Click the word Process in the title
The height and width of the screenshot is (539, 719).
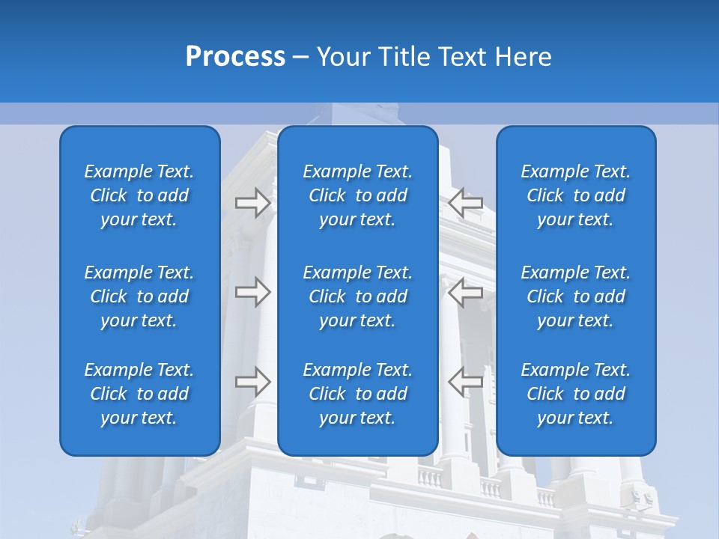[x=235, y=57]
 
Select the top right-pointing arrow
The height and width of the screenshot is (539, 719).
[x=253, y=203]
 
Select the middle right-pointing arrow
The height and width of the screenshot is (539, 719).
[x=253, y=292]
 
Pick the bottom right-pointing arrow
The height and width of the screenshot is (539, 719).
[x=253, y=382]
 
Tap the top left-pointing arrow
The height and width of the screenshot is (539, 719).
[x=465, y=203]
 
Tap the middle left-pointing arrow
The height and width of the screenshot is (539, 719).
[x=465, y=292]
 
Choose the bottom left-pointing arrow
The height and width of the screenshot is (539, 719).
[x=465, y=382]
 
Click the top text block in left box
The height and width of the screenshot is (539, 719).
[x=139, y=195]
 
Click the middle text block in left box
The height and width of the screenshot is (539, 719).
[x=139, y=296]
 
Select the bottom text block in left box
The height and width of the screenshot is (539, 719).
[x=139, y=394]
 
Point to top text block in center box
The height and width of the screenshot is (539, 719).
[x=358, y=195]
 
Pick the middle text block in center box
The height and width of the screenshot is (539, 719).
[x=358, y=296]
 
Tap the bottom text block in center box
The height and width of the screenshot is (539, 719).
[x=358, y=394]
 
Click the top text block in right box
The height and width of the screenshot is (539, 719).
[x=576, y=195]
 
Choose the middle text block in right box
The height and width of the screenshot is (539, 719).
[x=576, y=296]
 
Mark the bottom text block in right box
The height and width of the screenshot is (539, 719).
[x=576, y=394]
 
